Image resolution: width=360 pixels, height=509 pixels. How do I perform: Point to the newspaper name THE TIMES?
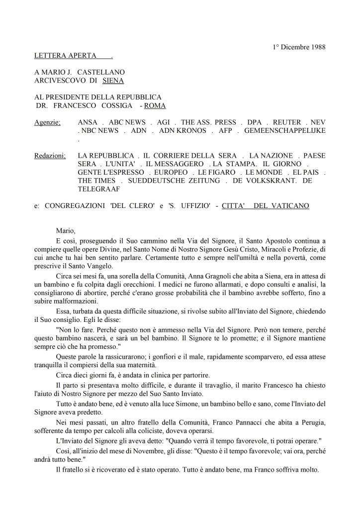[96, 181]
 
